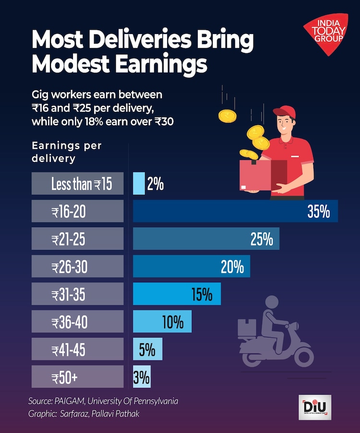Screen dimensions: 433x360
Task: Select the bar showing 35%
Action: pyautogui.click(x=235, y=211)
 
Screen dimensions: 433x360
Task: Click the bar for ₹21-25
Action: pyautogui.click(x=206, y=239)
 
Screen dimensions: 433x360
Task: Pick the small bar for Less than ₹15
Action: pyautogui.click(x=139, y=183)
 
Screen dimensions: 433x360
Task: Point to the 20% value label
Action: pyautogui.click(x=232, y=267)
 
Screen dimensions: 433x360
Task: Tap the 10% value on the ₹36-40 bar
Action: pyautogui.click(x=173, y=322)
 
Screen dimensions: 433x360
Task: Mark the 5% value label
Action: pyautogui.click(x=147, y=349)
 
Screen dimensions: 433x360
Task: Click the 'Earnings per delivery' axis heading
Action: pyautogui.click(x=66, y=152)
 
